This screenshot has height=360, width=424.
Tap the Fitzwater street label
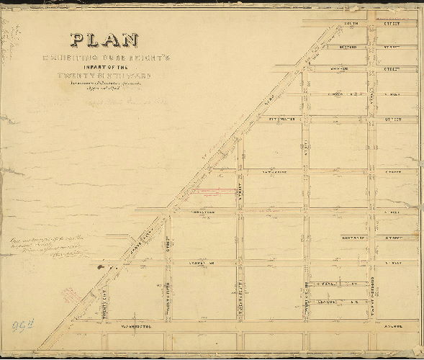pyautogui.click(x=282, y=117)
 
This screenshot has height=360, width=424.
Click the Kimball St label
pyautogui.click(x=330, y=284)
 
